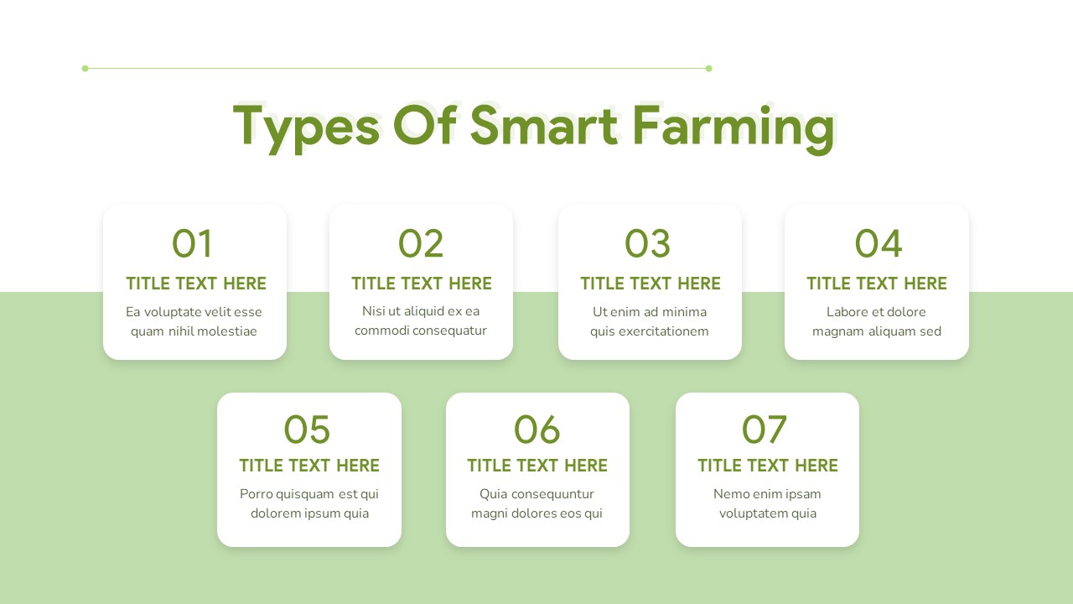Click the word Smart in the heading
click(543, 126)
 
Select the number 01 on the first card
click(193, 244)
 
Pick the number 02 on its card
click(421, 244)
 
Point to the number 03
click(648, 244)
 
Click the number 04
click(878, 244)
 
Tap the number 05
click(307, 430)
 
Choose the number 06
click(536, 430)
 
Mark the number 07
click(765, 430)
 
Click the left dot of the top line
click(85, 68)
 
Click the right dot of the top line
click(708, 68)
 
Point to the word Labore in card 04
click(847, 312)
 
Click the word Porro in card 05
click(257, 494)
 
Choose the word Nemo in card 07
click(730, 494)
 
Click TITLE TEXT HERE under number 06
click(537, 466)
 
